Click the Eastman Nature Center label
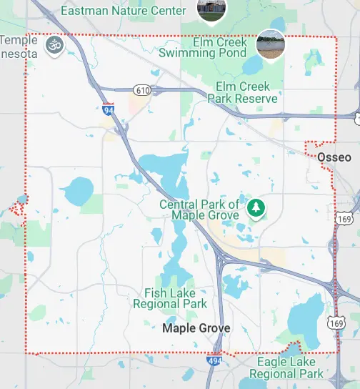click(x=126, y=11)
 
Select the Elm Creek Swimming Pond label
click(x=202, y=47)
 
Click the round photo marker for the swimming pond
click(x=270, y=44)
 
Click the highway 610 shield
click(x=141, y=89)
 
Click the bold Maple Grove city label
click(x=196, y=328)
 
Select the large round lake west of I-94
click(x=76, y=191)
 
